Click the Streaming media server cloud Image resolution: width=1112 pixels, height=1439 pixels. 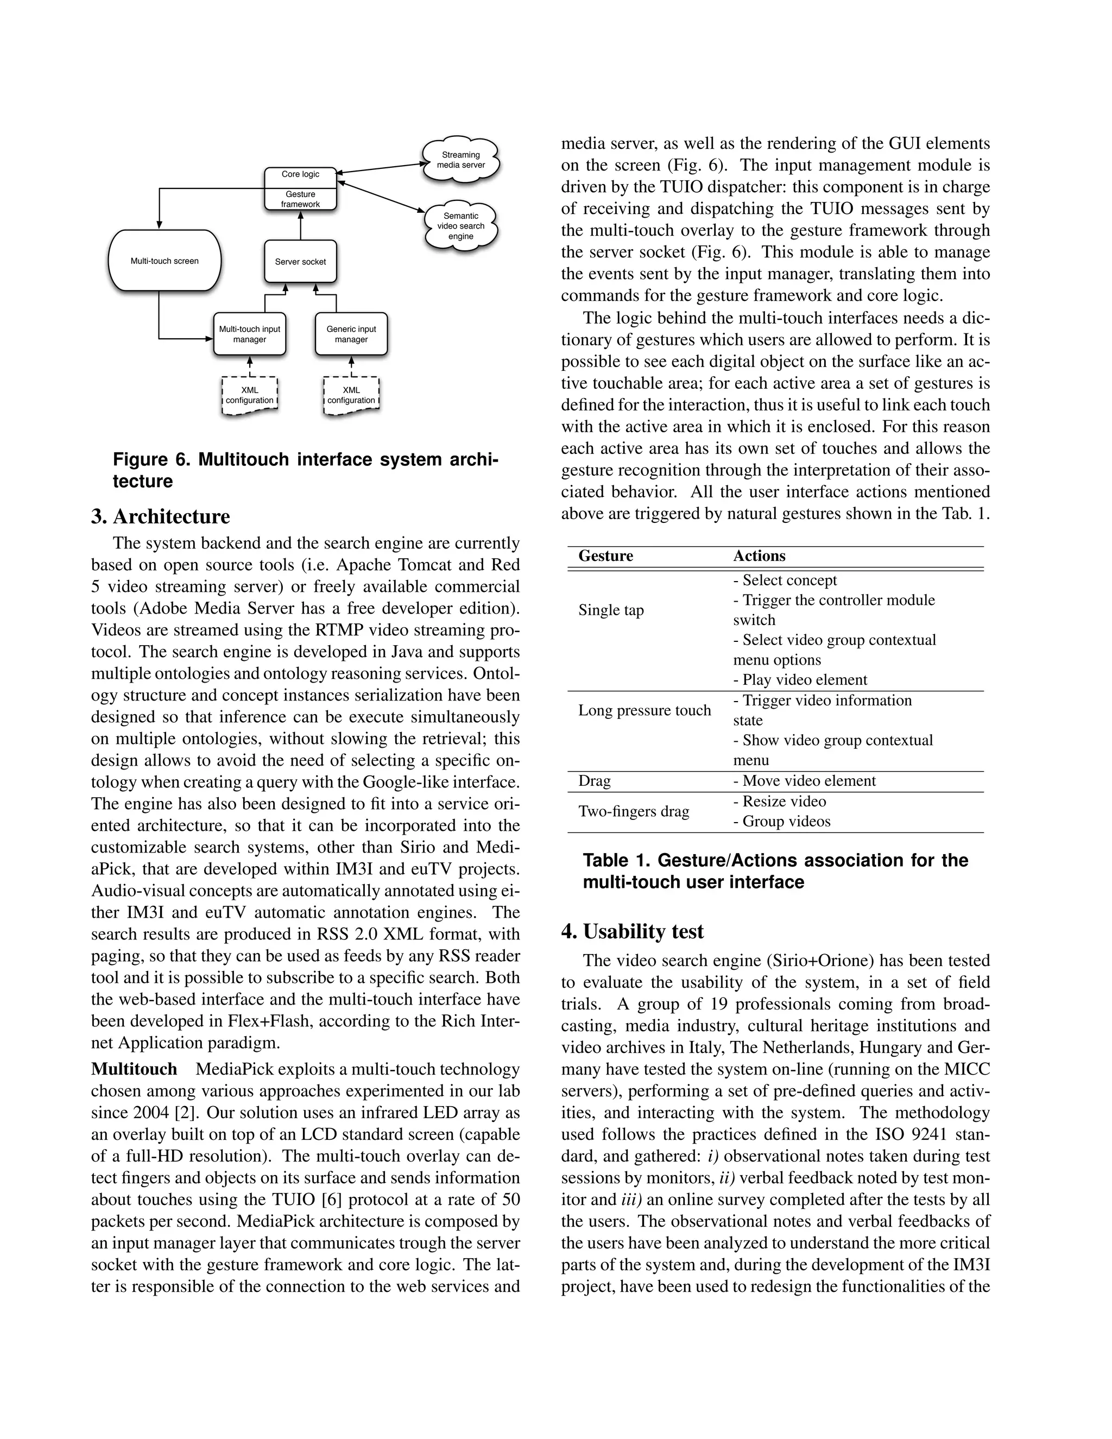(460, 160)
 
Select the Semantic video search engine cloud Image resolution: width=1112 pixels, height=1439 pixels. (460, 226)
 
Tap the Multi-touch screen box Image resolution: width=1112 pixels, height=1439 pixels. (165, 261)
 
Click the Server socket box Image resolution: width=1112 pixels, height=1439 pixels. (300, 262)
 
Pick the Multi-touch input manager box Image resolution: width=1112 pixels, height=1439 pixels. (250, 334)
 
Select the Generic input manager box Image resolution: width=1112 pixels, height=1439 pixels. (351, 334)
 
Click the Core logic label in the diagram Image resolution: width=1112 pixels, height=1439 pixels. (300, 175)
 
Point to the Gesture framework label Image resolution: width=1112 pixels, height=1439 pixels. (300, 199)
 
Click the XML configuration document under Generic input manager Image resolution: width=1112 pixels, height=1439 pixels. (351, 395)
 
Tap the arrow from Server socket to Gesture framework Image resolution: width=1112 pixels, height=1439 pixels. (300, 226)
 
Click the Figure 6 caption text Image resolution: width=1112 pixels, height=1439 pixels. (305, 470)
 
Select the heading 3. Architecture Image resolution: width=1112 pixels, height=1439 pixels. (161, 516)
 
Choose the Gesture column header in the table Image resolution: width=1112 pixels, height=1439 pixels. (605, 556)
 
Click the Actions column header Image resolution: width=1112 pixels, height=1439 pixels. (759, 556)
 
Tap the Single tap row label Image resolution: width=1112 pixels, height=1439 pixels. (611, 610)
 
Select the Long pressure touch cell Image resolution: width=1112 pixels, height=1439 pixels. (645, 710)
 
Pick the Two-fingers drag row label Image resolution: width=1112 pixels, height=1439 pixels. (633, 811)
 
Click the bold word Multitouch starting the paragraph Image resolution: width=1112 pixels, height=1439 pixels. (135, 1069)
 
